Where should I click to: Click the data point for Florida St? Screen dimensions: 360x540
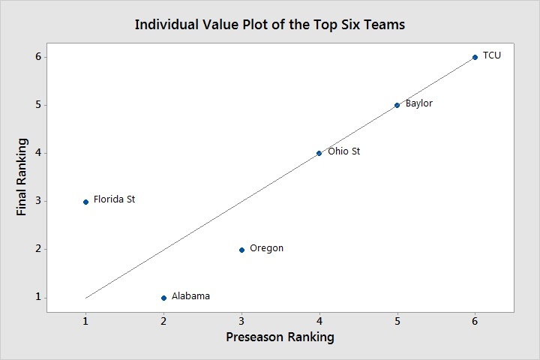[85, 201]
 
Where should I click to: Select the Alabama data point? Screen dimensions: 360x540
[163, 298]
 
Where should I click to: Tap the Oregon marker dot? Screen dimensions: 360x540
[241, 250]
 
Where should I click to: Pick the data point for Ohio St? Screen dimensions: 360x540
[319, 153]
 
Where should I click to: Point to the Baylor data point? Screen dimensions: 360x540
[397, 105]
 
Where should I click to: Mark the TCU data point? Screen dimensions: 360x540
[475, 57]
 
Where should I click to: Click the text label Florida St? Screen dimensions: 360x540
[114, 199]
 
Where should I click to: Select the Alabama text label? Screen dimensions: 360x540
[190, 296]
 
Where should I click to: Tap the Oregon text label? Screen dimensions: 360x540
[266, 248]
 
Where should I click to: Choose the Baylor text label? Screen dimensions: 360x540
[418, 103]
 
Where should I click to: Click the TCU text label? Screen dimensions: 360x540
[492, 55]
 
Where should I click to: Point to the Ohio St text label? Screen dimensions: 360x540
[344, 151]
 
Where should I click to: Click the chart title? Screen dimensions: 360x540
[269, 24]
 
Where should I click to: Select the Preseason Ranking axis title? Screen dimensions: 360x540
[280, 337]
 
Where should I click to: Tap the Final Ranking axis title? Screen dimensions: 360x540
[22, 176]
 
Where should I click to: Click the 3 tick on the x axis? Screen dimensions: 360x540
[241, 320]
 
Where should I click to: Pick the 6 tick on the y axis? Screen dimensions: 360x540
[34, 57]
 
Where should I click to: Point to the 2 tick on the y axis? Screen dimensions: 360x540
[34, 250]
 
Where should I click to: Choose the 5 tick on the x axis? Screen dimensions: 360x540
[397, 320]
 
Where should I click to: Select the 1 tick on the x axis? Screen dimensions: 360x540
[85, 320]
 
